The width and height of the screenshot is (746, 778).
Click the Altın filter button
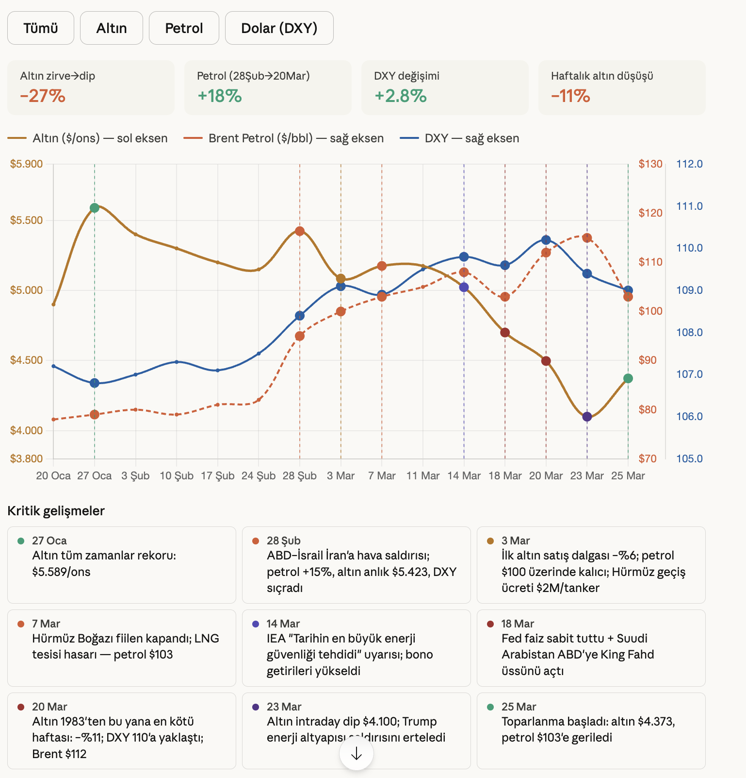(x=112, y=28)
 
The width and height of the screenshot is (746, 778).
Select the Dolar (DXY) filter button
(x=279, y=28)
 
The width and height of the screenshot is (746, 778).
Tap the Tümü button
(x=41, y=28)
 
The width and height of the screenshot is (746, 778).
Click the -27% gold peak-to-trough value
(x=43, y=96)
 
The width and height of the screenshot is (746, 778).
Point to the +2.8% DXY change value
(x=401, y=96)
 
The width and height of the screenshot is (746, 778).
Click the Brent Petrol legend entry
(x=284, y=138)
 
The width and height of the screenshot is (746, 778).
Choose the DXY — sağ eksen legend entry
(x=459, y=138)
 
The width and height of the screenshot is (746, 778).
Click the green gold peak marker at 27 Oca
(x=95, y=208)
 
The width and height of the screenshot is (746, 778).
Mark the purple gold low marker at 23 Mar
(x=587, y=417)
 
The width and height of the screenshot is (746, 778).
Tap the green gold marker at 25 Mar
(x=628, y=378)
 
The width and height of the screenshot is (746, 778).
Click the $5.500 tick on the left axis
(x=27, y=220)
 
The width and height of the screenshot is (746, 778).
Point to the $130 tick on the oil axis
(x=650, y=164)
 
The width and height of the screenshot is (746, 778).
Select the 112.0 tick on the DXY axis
(x=689, y=164)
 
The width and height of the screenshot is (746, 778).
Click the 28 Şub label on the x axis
(x=299, y=476)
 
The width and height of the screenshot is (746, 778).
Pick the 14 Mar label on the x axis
(x=464, y=476)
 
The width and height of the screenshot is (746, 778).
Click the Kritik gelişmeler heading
(x=56, y=511)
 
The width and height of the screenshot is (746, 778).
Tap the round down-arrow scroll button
(x=357, y=754)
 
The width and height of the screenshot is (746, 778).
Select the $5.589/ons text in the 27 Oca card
(x=61, y=572)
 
